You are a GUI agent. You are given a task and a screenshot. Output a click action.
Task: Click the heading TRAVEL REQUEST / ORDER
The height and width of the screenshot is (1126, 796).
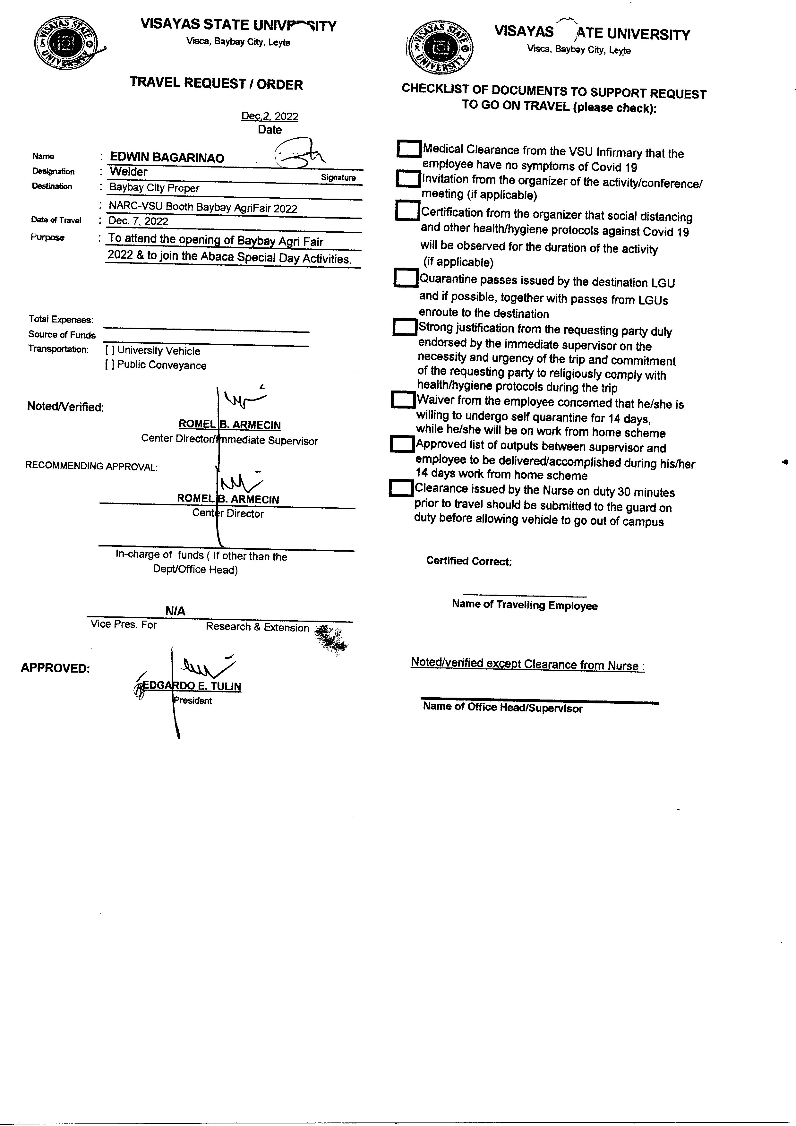click(216, 84)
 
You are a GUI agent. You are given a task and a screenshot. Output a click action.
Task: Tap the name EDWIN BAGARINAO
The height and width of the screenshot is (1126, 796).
click(167, 158)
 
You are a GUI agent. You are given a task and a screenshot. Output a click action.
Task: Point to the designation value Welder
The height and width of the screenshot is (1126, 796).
click(129, 172)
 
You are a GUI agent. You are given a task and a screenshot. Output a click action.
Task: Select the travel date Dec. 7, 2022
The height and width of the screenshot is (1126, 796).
click(138, 221)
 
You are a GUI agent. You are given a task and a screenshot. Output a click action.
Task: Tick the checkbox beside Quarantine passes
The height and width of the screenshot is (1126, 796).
click(406, 278)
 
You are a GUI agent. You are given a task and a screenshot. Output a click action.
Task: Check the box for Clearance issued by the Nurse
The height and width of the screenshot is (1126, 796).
click(401, 488)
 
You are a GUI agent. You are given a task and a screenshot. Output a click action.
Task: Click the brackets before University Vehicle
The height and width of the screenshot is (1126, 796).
click(110, 351)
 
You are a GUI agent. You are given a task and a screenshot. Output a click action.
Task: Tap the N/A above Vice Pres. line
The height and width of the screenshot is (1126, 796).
click(175, 611)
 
